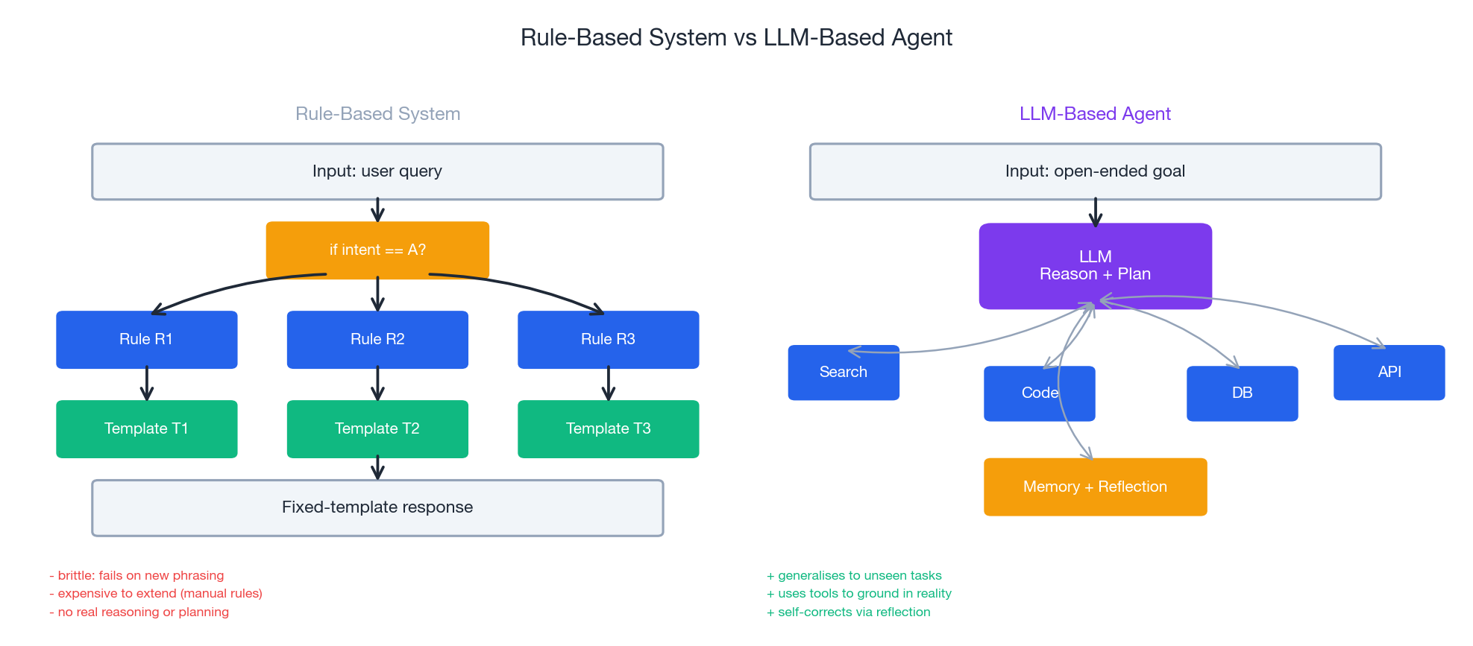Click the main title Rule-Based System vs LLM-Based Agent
(736, 37)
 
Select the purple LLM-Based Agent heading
(1094, 114)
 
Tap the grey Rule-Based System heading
(377, 114)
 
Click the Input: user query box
(377, 171)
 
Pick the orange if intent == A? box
(377, 250)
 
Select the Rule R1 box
(146, 339)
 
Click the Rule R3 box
(608, 339)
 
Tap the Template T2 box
(377, 428)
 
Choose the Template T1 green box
(146, 428)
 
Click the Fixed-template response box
(377, 507)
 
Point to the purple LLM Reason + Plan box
(1094, 265)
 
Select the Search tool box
(843, 373)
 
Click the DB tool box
(1242, 393)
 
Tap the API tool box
(1389, 373)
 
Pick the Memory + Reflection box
(1094, 487)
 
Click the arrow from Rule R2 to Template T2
(377, 384)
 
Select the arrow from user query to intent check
(377, 210)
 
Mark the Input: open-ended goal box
(1094, 171)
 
